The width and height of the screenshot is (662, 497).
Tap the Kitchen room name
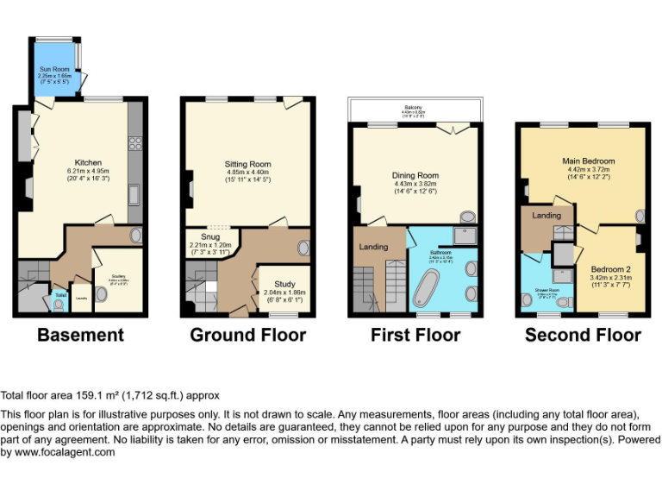point(88,162)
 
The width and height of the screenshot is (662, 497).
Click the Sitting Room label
point(247,163)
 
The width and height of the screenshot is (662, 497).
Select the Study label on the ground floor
point(284,283)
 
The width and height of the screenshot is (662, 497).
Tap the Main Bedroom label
point(589,160)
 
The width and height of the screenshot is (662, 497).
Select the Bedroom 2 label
point(609,269)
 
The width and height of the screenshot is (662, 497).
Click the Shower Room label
point(546,291)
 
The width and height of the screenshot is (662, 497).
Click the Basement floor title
point(79,335)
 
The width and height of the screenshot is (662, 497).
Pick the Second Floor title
point(583,335)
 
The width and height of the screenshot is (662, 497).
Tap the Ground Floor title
point(247,335)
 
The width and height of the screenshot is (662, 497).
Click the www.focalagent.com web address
point(58,452)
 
